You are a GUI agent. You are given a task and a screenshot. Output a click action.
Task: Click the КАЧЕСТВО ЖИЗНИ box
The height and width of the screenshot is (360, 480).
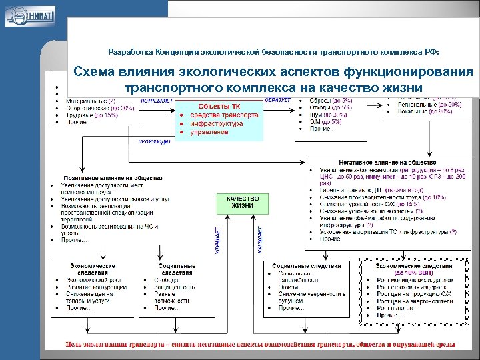[x=243, y=203]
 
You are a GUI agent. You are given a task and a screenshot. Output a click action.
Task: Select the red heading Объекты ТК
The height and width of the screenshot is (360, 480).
[x=219, y=106]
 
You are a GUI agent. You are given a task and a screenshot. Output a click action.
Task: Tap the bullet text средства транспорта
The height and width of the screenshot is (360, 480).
[x=224, y=115]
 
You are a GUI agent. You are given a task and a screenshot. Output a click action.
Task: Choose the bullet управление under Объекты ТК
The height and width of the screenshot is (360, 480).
[x=209, y=132]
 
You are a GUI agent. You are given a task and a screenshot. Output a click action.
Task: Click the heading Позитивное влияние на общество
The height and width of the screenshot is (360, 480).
[x=112, y=177]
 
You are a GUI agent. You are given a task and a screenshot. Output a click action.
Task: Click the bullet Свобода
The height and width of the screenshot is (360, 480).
[x=166, y=281]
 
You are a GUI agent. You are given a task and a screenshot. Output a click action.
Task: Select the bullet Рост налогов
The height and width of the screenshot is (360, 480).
[x=397, y=308]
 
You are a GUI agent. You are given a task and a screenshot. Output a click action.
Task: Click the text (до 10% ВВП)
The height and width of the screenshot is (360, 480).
[x=413, y=273]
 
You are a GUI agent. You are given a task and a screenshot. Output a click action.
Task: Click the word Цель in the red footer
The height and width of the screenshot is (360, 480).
[x=74, y=345]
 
